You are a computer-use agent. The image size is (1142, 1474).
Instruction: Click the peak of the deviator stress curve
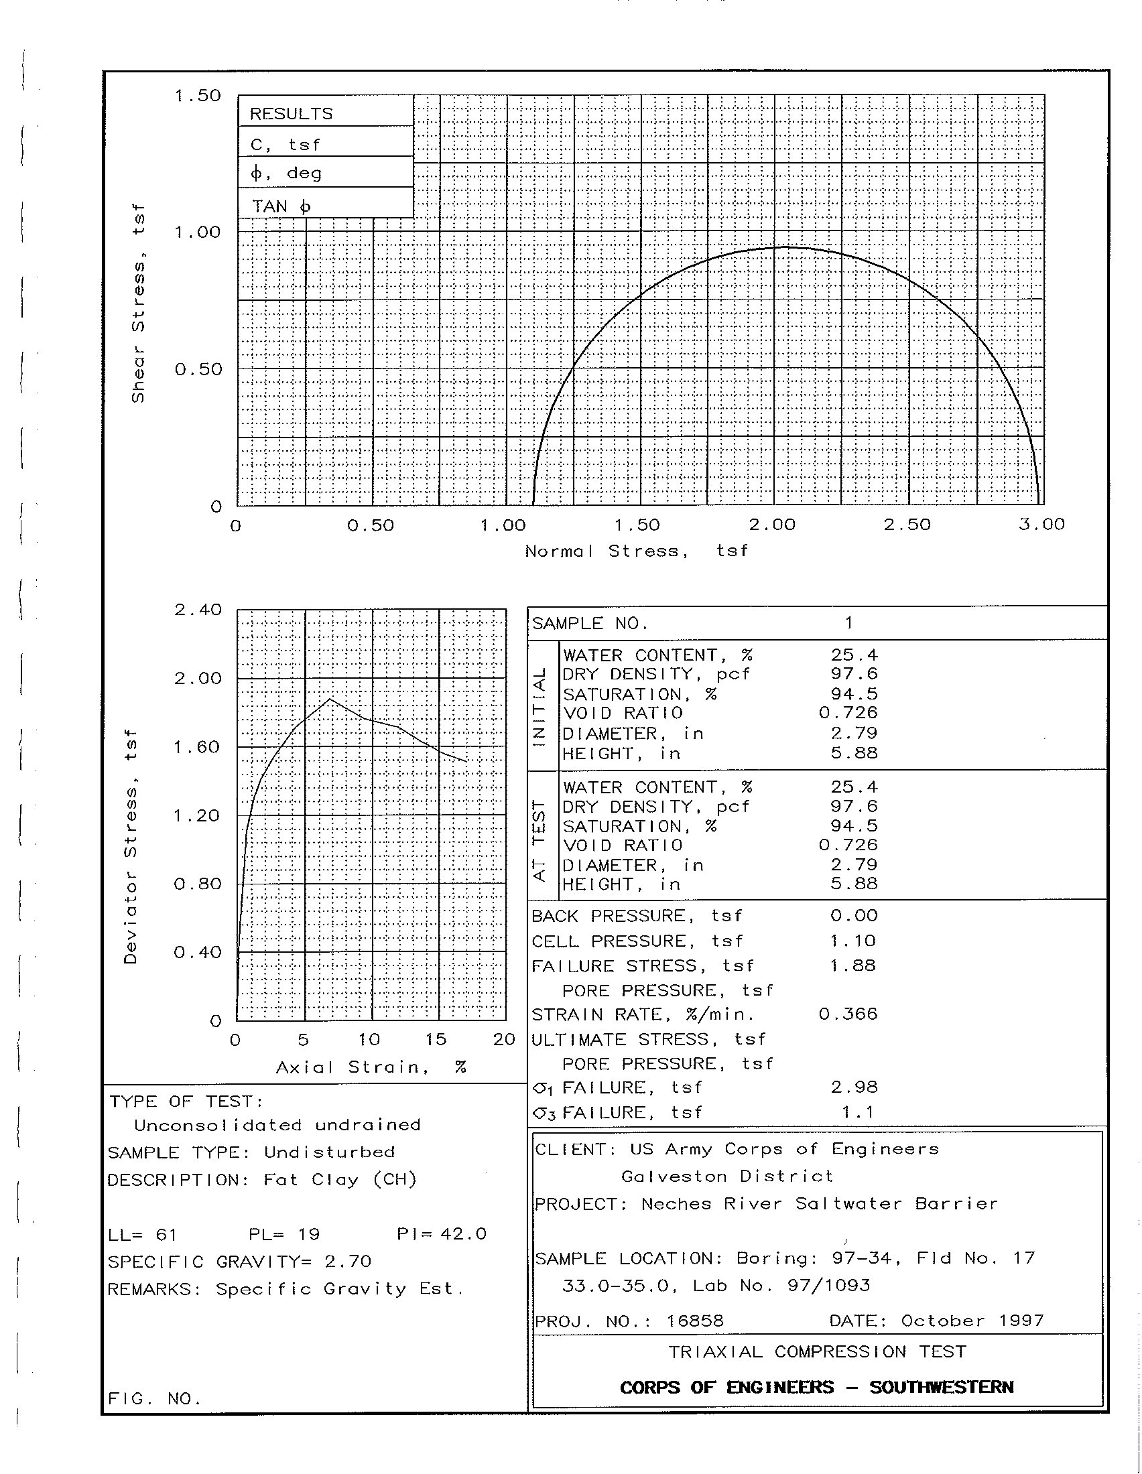(x=329, y=699)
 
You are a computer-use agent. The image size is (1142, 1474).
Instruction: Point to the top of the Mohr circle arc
(x=785, y=248)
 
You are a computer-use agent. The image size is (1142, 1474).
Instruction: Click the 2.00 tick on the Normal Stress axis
(x=773, y=525)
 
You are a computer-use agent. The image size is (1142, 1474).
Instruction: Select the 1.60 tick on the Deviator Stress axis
(x=198, y=747)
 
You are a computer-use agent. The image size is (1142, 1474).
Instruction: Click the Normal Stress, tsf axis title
(x=637, y=551)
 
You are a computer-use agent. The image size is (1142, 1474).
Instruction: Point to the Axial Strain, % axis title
(x=371, y=1067)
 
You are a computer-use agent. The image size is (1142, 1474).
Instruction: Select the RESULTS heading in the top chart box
(x=292, y=113)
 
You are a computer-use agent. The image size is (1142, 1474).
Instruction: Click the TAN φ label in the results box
(x=281, y=206)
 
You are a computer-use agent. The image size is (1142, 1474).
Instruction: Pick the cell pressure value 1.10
(x=853, y=941)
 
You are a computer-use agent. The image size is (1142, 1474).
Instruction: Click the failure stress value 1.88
(x=853, y=965)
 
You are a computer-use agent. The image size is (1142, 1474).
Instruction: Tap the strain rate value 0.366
(x=848, y=1014)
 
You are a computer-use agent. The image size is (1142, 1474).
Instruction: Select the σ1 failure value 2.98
(x=854, y=1087)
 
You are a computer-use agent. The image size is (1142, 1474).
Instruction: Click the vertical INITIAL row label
(x=540, y=707)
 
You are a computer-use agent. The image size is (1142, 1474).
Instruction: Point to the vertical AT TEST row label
(x=540, y=840)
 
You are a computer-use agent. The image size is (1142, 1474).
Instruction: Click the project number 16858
(x=694, y=1321)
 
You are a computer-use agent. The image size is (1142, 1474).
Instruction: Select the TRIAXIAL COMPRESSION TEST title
(x=818, y=1352)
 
